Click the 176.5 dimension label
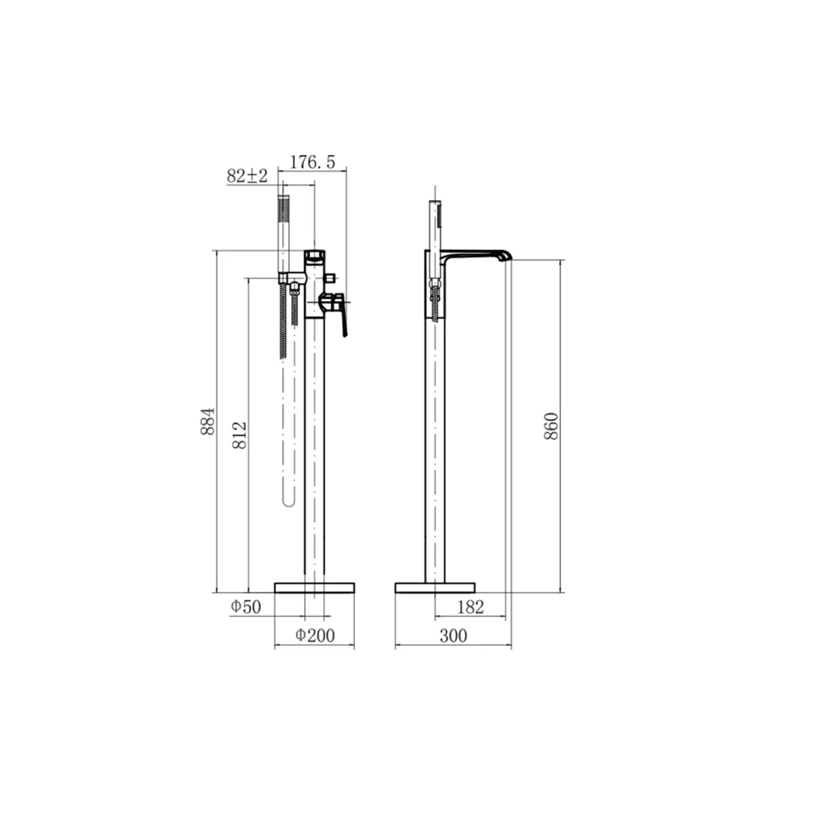point(313,162)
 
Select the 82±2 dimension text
point(247,176)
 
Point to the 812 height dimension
point(241,435)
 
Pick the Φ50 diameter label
point(245,607)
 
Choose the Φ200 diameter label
point(315,635)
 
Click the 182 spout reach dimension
point(471,607)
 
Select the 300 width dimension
point(453,635)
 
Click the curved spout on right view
point(476,254)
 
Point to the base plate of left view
point(315,588)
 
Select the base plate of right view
point(435,588)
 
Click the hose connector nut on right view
point(435,284)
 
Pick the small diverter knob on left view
point(334,278)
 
